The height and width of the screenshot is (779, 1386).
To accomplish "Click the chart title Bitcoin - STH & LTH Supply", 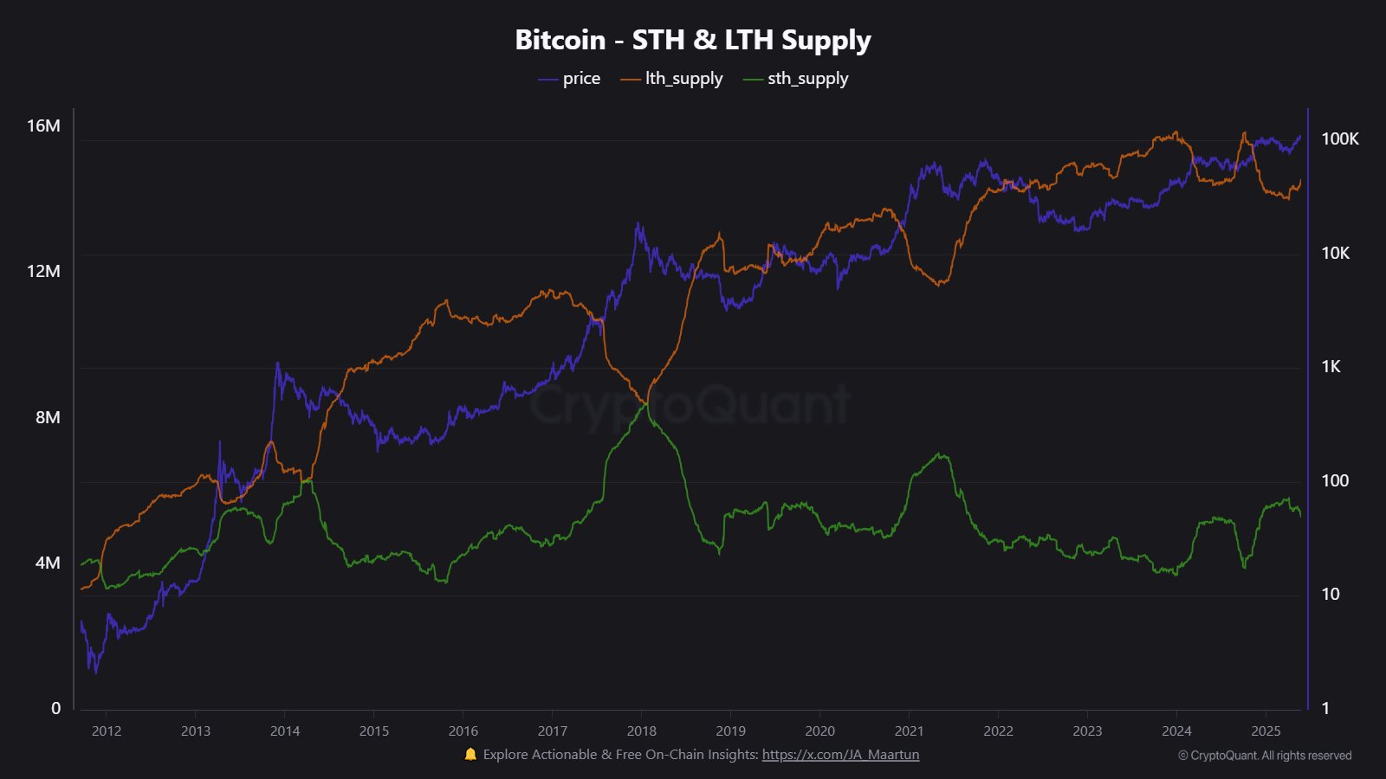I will pos(692,40).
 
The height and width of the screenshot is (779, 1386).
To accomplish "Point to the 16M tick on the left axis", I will pos(43,126).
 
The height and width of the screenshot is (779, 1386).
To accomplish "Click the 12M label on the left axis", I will pos(43,271).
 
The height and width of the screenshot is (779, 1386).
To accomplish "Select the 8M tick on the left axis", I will pos(48,417).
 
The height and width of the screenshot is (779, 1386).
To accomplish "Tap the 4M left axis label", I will pos(48,563).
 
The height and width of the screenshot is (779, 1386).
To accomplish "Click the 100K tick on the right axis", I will pos(1339,138).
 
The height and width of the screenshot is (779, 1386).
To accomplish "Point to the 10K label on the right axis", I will pos(1335,253).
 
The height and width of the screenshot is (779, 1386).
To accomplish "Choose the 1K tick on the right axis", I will pos(1331,366).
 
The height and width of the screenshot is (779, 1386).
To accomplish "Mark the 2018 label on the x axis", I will pos(641,731).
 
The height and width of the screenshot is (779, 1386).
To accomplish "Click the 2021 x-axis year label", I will pos(909,731).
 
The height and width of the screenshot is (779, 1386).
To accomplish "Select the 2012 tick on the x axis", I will pos(107,731).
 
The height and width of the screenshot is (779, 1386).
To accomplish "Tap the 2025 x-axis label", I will pos(1266,731).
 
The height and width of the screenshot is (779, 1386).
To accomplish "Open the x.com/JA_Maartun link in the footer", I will pos(840,755).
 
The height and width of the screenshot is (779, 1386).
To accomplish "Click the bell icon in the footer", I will pos(470,754).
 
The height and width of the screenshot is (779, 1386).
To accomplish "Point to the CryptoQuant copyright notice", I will pos(1264,756).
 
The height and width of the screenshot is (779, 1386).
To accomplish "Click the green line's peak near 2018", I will pos(646,403).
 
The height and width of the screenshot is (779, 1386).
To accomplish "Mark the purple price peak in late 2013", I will pos(277,364).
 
